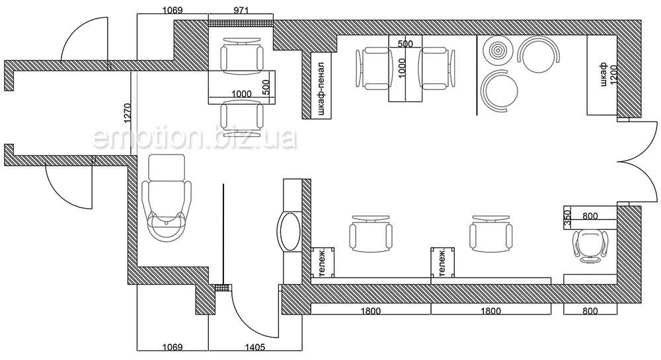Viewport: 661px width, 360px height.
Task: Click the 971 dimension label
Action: [x=241, y=10]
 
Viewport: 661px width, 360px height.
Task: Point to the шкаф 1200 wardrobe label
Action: [x=608, y=75]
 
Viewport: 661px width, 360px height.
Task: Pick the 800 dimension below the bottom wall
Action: [x=590, y=311]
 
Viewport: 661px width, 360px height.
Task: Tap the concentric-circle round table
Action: [x=498, y=50]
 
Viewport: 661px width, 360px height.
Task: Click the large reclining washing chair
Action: [x=167, y=197]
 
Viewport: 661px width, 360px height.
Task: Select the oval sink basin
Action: [x=289, y=232]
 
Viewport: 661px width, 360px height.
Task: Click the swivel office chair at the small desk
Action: [x=590, y=246]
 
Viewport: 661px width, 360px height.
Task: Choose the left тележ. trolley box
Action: [x=323, y=262]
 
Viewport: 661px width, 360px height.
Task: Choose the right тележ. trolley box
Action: [x=443, y=262]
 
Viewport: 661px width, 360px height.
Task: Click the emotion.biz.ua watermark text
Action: [x=194, y=137]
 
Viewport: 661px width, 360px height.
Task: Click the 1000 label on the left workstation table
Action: [x=241, y=94]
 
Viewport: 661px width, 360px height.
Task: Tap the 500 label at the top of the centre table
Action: [x=405, y=44]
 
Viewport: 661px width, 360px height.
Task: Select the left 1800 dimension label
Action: [x=371, y=311]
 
